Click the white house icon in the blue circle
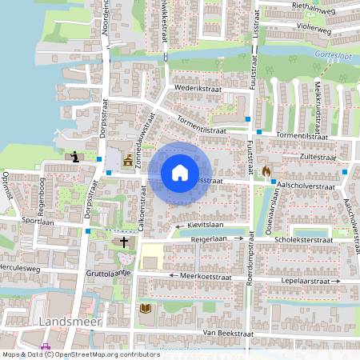pos(180,172)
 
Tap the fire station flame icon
pos(266,170)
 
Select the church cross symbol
pos(124,241)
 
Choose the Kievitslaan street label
pos(203,226)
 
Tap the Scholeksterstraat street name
pos(303,238)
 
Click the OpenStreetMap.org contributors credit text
pos(106,354)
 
